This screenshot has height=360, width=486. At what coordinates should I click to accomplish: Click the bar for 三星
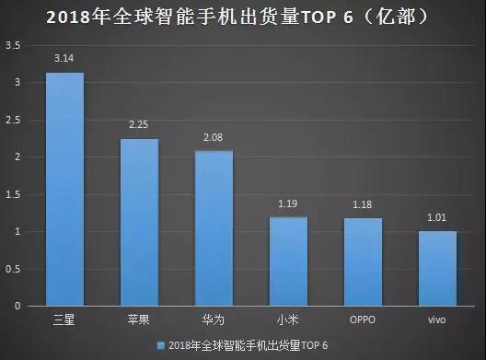64,189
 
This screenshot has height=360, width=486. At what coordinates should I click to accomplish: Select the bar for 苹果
140,222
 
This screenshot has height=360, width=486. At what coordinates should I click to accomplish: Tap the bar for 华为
214,228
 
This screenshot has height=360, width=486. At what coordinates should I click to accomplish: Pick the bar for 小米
288,261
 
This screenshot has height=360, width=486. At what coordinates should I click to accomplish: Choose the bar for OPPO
363,261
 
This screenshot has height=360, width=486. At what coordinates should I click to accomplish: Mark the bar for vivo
437,268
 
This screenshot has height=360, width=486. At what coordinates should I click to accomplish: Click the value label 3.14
64,58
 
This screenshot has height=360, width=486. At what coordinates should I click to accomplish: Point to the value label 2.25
140,124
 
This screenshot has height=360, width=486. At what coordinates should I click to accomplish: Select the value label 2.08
214,137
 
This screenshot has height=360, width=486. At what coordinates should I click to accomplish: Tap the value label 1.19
288,203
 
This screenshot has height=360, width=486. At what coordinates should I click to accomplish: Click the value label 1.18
363,203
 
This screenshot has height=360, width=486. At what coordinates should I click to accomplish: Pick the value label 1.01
437,216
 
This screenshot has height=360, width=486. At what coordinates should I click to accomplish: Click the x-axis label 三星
64,319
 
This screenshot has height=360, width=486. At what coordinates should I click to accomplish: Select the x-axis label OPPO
363,319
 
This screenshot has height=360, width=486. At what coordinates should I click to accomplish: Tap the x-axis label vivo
437,319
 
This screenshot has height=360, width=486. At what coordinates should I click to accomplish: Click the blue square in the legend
161,345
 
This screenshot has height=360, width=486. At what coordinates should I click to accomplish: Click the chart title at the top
243,17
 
